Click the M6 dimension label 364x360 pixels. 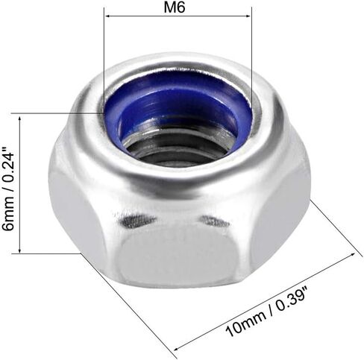[175, 7]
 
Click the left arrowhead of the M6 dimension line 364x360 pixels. [108, 16]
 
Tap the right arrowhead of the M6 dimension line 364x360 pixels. [248, 16]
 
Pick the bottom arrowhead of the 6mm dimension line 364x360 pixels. [19, 250]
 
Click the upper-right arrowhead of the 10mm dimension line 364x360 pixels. [352, 255]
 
